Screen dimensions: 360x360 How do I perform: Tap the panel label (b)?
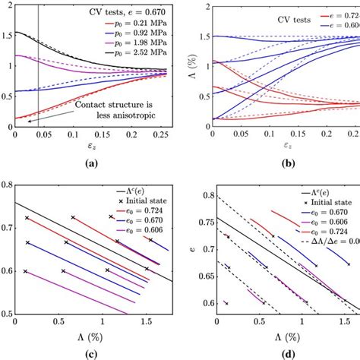pos(292,163)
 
